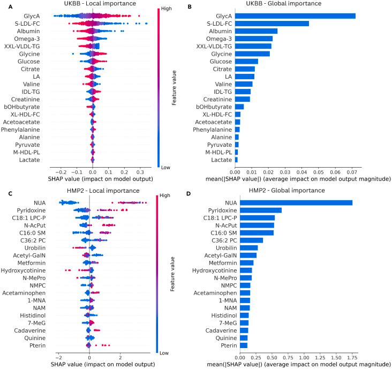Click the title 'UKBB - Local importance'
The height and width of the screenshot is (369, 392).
(93, 4)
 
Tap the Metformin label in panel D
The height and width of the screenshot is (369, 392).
(223, 262)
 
